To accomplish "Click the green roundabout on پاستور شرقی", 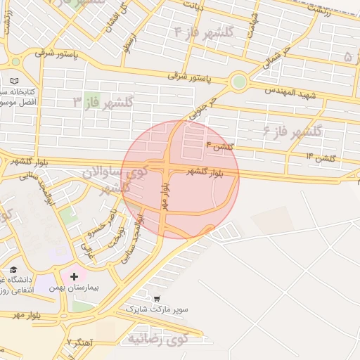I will point(239,82).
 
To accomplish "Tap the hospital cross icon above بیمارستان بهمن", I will point(74,276).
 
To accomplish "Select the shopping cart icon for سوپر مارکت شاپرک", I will point(156,298).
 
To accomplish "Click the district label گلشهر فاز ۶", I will point(292,131).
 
